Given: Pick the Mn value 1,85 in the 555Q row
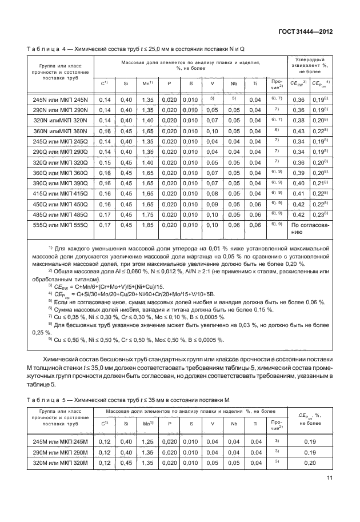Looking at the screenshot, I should tap(147, 225).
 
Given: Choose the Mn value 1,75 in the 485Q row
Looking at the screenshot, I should tap(147, 215).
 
